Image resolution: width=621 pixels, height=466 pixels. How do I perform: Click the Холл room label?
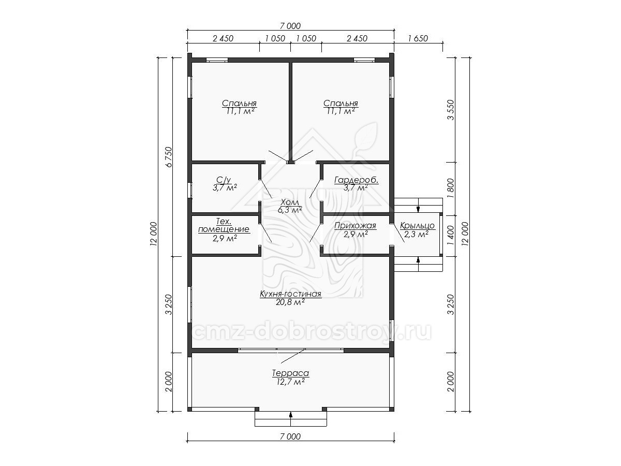pyautogui.click(x=289, y=202)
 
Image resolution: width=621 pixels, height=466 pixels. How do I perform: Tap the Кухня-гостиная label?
pyautogui.click(x=290, y=294)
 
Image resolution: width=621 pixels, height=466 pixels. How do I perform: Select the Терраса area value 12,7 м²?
pyautogui.click(x=290, y=382)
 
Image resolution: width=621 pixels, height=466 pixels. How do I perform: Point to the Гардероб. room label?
pyautogui.click(x=356, y=180)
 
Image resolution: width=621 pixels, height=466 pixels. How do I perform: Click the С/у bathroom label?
pyautogui.click(x=224, y=180)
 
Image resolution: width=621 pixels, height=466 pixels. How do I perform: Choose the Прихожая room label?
pyautogui.click(x=355, y=226)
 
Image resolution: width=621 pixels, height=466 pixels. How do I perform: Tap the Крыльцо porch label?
pyautogui.click(x=417, y=226)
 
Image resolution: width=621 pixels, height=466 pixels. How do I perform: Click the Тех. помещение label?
pyautogui.click(x=224, y=225)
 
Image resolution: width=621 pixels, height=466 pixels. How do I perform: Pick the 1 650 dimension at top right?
pyautogui.click(x=418, y=38)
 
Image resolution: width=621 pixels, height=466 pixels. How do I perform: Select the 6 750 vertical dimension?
pyautogui.click(x=169, y=157)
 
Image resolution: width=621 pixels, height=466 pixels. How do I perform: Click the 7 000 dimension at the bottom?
pyautogui.click(x=290, y=436)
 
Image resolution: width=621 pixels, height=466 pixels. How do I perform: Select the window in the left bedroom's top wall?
pyautogui.click(x=217, y=60)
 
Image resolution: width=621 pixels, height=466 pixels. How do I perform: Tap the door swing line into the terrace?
pyautogui.click(x=293, y=356)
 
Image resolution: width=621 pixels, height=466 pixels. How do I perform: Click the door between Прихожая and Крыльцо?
pyautogui.click(x=397, y=233)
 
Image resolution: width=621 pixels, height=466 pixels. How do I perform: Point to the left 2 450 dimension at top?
pyautogui.click(x=223, y=38)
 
